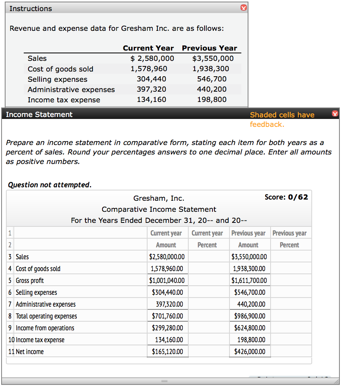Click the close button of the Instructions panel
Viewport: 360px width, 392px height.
pos(244,8)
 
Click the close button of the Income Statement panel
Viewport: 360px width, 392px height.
pos(335,114)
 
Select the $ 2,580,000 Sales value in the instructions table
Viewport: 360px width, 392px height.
pos(152,58)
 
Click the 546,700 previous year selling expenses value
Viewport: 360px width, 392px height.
pos(212,79)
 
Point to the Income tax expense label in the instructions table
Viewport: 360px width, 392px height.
pos(64,100)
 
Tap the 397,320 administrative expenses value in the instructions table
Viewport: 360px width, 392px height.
pos(152,89)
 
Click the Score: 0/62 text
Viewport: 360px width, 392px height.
pos(286,197)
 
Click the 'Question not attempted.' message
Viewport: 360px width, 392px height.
pos(50,185)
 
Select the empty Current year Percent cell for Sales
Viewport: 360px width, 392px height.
pos(207,257)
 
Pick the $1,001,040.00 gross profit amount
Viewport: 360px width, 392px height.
pos(167,281)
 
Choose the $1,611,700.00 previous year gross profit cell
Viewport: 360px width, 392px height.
pos(249,281)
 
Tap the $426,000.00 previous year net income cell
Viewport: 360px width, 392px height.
pos(250,352)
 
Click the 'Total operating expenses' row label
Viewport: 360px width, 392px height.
pos(46,316)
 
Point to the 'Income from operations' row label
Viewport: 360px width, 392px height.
pos(45,328)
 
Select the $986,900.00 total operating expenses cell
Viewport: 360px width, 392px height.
pos(250,316)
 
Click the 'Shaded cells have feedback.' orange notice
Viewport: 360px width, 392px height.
pos(282,119)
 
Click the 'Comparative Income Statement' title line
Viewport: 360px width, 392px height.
pos(159,209)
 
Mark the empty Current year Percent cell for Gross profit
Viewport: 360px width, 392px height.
pos(207,281)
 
